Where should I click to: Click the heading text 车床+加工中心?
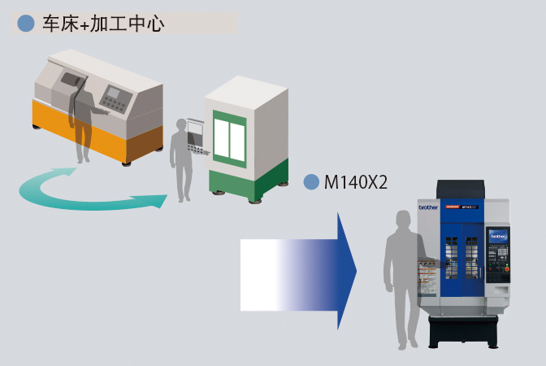(x=103, y=24)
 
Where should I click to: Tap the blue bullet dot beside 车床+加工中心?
(x=26, y=24)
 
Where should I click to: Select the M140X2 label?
(x=356, y=182)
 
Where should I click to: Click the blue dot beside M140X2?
(x=311, y=182)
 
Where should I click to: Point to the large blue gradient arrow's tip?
(x=356, y=271)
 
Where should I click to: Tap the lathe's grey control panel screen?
(x=112, y=92)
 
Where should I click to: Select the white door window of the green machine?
(x=229, y=139)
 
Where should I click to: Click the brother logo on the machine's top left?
(x=428, y=207)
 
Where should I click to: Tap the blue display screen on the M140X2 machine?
(x=498, y=236)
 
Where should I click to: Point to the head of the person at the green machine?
(x=182, y=125)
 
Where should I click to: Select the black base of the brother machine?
(x=463, y=331)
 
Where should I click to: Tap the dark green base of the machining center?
(x=249, y=182)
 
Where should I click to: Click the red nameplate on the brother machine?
(x=453, y=207)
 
